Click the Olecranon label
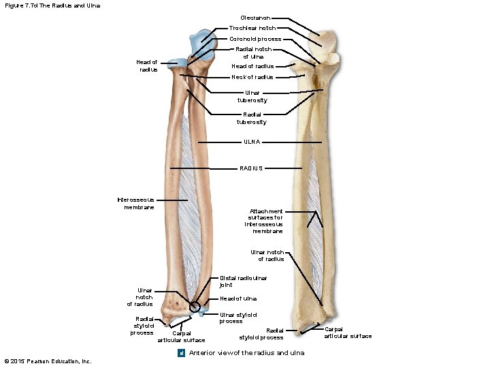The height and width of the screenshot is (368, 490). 255,18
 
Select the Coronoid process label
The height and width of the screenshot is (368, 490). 255,39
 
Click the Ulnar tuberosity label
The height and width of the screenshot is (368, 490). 252,96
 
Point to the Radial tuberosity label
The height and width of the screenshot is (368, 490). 251,118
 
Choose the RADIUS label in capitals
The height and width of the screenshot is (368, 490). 251,168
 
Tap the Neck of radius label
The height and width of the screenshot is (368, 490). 252,77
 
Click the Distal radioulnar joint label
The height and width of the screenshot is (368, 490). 243,281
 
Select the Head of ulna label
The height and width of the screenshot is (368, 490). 238,298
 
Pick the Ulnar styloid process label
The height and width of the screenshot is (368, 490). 238,318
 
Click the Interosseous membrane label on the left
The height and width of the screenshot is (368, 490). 136,203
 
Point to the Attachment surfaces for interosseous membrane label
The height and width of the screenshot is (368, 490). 265,221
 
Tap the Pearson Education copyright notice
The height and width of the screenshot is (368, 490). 48,361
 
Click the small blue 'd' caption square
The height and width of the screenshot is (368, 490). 182,352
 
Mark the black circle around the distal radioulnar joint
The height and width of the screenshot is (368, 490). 195,307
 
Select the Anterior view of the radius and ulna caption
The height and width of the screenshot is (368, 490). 246,352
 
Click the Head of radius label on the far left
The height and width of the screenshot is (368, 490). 148,65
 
